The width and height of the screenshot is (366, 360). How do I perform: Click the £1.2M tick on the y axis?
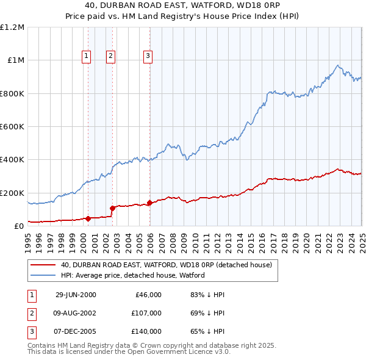tap(12, 27)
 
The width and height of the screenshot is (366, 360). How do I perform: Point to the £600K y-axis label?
tap(12, 127)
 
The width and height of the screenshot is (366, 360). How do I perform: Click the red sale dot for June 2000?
tap(88, 218)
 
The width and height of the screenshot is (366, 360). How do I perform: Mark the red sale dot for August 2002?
tap(112, 208)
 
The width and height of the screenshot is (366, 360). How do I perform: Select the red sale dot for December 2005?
tap(149, 203)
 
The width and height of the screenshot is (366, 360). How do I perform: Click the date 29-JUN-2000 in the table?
tap(76, 295)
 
